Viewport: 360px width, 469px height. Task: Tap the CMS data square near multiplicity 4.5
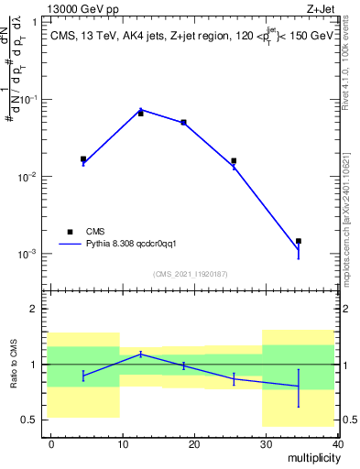[x=83, y=159]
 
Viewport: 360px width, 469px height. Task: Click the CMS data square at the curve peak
[x=140, y=114]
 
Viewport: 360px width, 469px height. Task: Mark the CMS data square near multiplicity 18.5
[x=183, y=122]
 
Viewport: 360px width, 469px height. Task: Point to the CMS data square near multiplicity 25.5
[x=234, y=160]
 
